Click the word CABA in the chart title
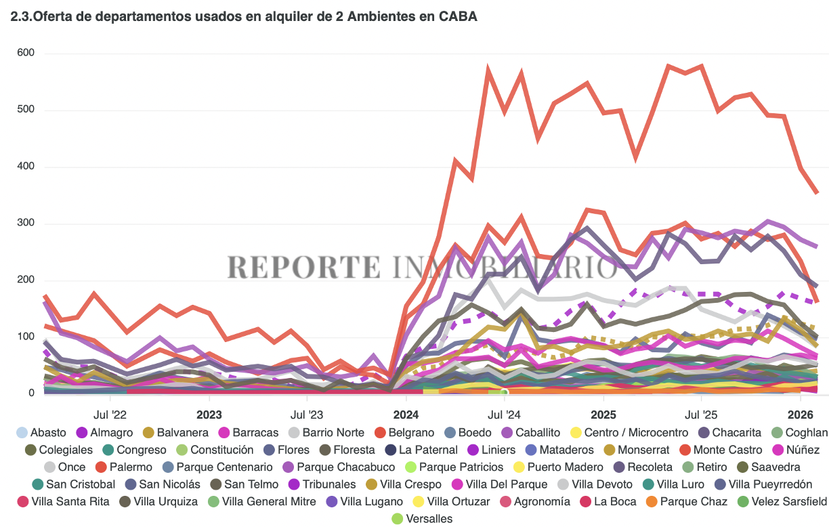click(459, 17)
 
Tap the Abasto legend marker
click(22, 432)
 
